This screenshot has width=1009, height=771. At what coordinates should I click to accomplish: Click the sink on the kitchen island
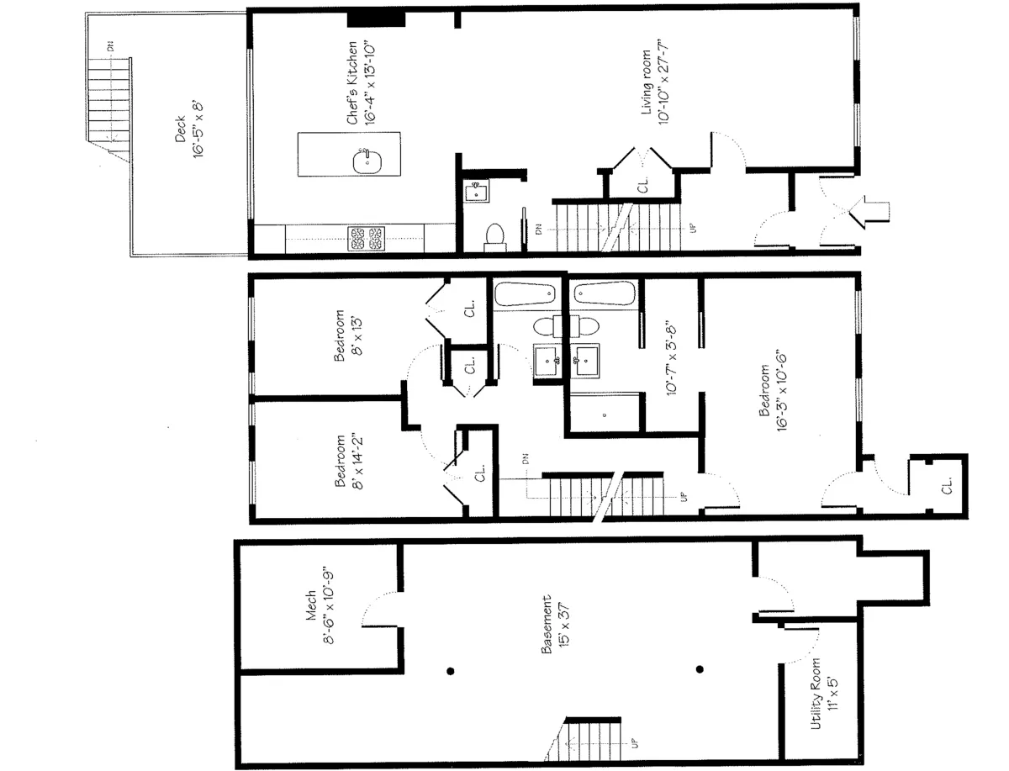click(x=365, y=161)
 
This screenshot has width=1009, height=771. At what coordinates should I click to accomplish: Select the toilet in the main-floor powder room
click(x=494, y=237)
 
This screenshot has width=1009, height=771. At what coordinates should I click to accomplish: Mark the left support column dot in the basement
click(x=451, y=670)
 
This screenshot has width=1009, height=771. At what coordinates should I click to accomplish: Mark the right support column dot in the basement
click(x=699, y=670)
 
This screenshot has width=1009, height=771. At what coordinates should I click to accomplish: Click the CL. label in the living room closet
click(x=643, y=185)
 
